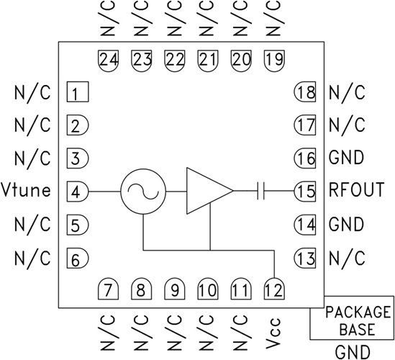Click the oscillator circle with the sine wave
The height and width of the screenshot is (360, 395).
tap(142, 192)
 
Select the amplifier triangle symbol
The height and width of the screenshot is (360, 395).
tap(206, 192)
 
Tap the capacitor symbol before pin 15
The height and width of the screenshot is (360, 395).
tap(262, 192)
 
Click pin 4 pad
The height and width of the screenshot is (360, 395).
tap(77, 192)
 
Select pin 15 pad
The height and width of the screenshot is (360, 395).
tap(304, 192)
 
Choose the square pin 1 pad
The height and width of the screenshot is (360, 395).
tap(76, 92)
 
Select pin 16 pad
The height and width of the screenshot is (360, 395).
tap(304, 158)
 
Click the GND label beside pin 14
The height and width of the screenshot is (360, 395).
tap(346, 225)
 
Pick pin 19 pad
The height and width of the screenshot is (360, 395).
tap(273, 60)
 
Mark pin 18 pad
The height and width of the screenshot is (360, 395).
tap(304, 92)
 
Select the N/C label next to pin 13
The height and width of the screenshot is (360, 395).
tap(346, 258)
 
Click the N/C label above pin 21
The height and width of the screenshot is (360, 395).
tap(207, 21)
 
